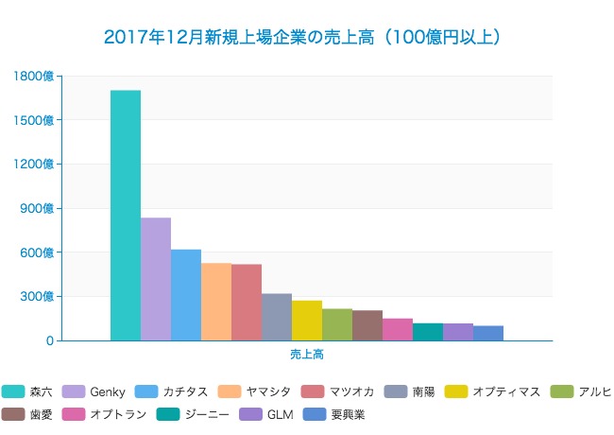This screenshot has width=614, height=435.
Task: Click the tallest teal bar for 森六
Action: click(x=126, y=216)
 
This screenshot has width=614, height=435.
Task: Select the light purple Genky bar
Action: click(x=156, y=279)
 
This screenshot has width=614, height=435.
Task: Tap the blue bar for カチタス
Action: click(x=186, y=295)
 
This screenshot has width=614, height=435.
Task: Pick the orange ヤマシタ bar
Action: click(x=216, y=302)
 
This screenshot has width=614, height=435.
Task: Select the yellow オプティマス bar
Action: click(x=307, y=321)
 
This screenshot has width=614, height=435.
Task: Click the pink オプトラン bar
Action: click(x=398, y=330)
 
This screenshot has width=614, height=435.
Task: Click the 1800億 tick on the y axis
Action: click(x=35, y=76)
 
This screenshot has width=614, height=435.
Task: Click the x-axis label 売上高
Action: click(x=307, y=355)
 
